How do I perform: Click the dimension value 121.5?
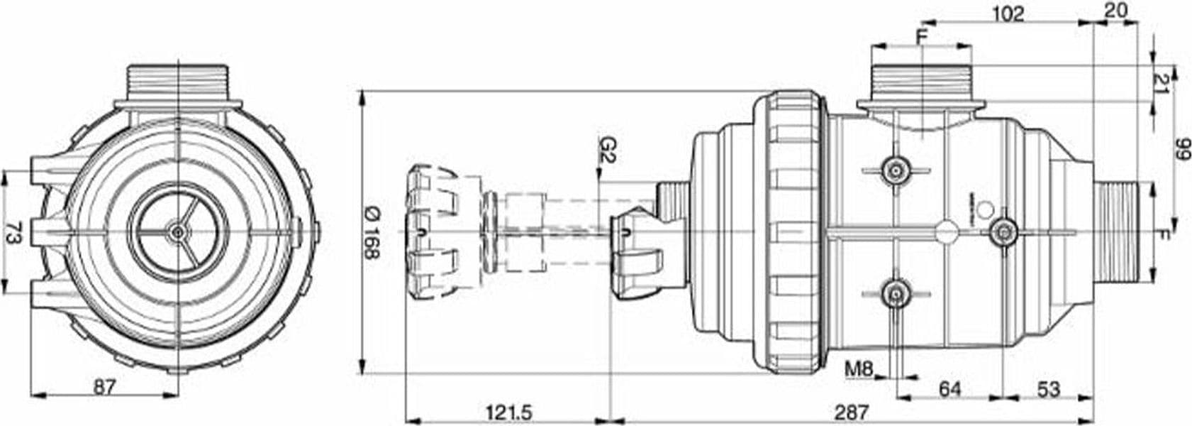click(508, 412)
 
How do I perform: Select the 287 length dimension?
click(851, 412)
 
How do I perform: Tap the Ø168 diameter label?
click(372, 233)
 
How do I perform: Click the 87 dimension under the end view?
click(104, 387)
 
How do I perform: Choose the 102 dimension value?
click(1008, 14)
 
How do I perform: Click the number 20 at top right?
click(1115, 11)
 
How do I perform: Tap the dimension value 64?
click(950, 389)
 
